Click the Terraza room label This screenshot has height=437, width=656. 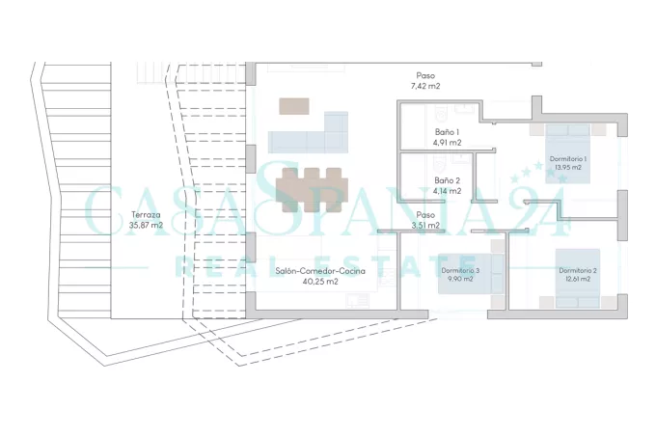[146, 215]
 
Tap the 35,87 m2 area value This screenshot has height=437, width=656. [146, 226]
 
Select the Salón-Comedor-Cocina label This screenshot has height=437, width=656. [320, 271]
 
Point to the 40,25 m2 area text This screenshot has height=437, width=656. [320, 282]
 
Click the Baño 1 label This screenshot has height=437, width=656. [448, 132]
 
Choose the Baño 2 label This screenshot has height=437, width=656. [448, 180]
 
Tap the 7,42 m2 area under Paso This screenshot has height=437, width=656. [425, 86]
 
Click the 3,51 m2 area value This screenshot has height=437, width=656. [425, 226]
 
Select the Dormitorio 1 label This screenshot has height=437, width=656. [568, 159]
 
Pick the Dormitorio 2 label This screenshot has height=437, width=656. [578, 270]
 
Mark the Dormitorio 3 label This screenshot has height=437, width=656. [460, 270]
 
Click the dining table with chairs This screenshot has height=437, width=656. [313, 190]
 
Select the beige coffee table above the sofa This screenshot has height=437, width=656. [294, 106]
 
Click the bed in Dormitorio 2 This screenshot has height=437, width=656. [578, 279]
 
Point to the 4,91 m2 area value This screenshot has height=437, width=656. [448, 143]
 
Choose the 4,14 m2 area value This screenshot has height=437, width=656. [448, 191]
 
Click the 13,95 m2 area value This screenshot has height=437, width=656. [568, 167]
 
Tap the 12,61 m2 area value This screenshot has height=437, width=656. [578, 279]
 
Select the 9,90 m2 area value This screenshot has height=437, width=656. [460, 279]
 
